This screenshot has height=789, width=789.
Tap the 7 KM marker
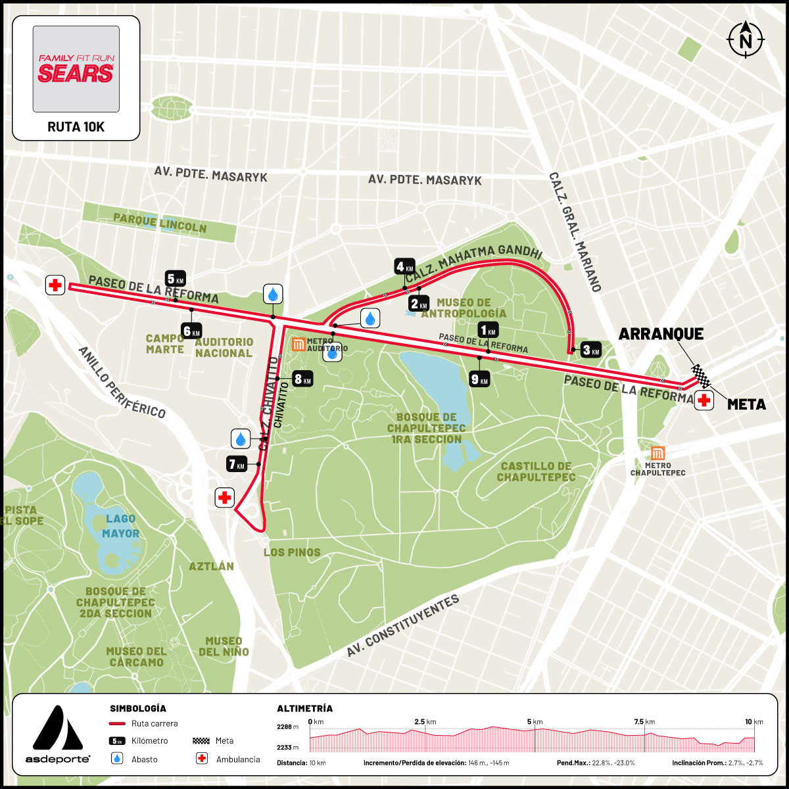[x=236, y=464]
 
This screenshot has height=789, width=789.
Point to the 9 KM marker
[x=479, y=379]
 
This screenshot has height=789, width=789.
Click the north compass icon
[x=746, y=39]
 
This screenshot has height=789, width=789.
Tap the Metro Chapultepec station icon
[x=657, y=454]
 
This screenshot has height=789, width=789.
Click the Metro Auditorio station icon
[x=299, y=344]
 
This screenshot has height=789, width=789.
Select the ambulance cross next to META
[x=705, y=400]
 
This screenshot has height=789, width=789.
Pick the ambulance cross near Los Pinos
[x=225, y=497]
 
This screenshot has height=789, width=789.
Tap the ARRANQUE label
[x=661, y=334]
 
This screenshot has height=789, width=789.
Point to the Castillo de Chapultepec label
[x=536, y=471]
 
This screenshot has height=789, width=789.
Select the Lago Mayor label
[x=121, y=526]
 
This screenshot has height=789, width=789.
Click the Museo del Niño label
[x=224, y=646]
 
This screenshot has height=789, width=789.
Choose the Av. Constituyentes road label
[x=402, y=626]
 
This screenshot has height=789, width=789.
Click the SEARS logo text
[x=76, y=72]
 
